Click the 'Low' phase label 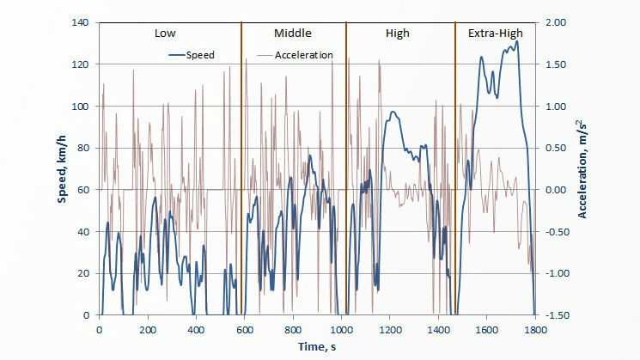pos(165,34)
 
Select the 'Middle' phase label pos(292,34)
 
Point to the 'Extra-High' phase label pos(495,34)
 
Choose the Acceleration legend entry pos(303,55)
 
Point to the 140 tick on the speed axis pos(82,23)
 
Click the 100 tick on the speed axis pos(82,107)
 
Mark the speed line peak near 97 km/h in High pos(393,112)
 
